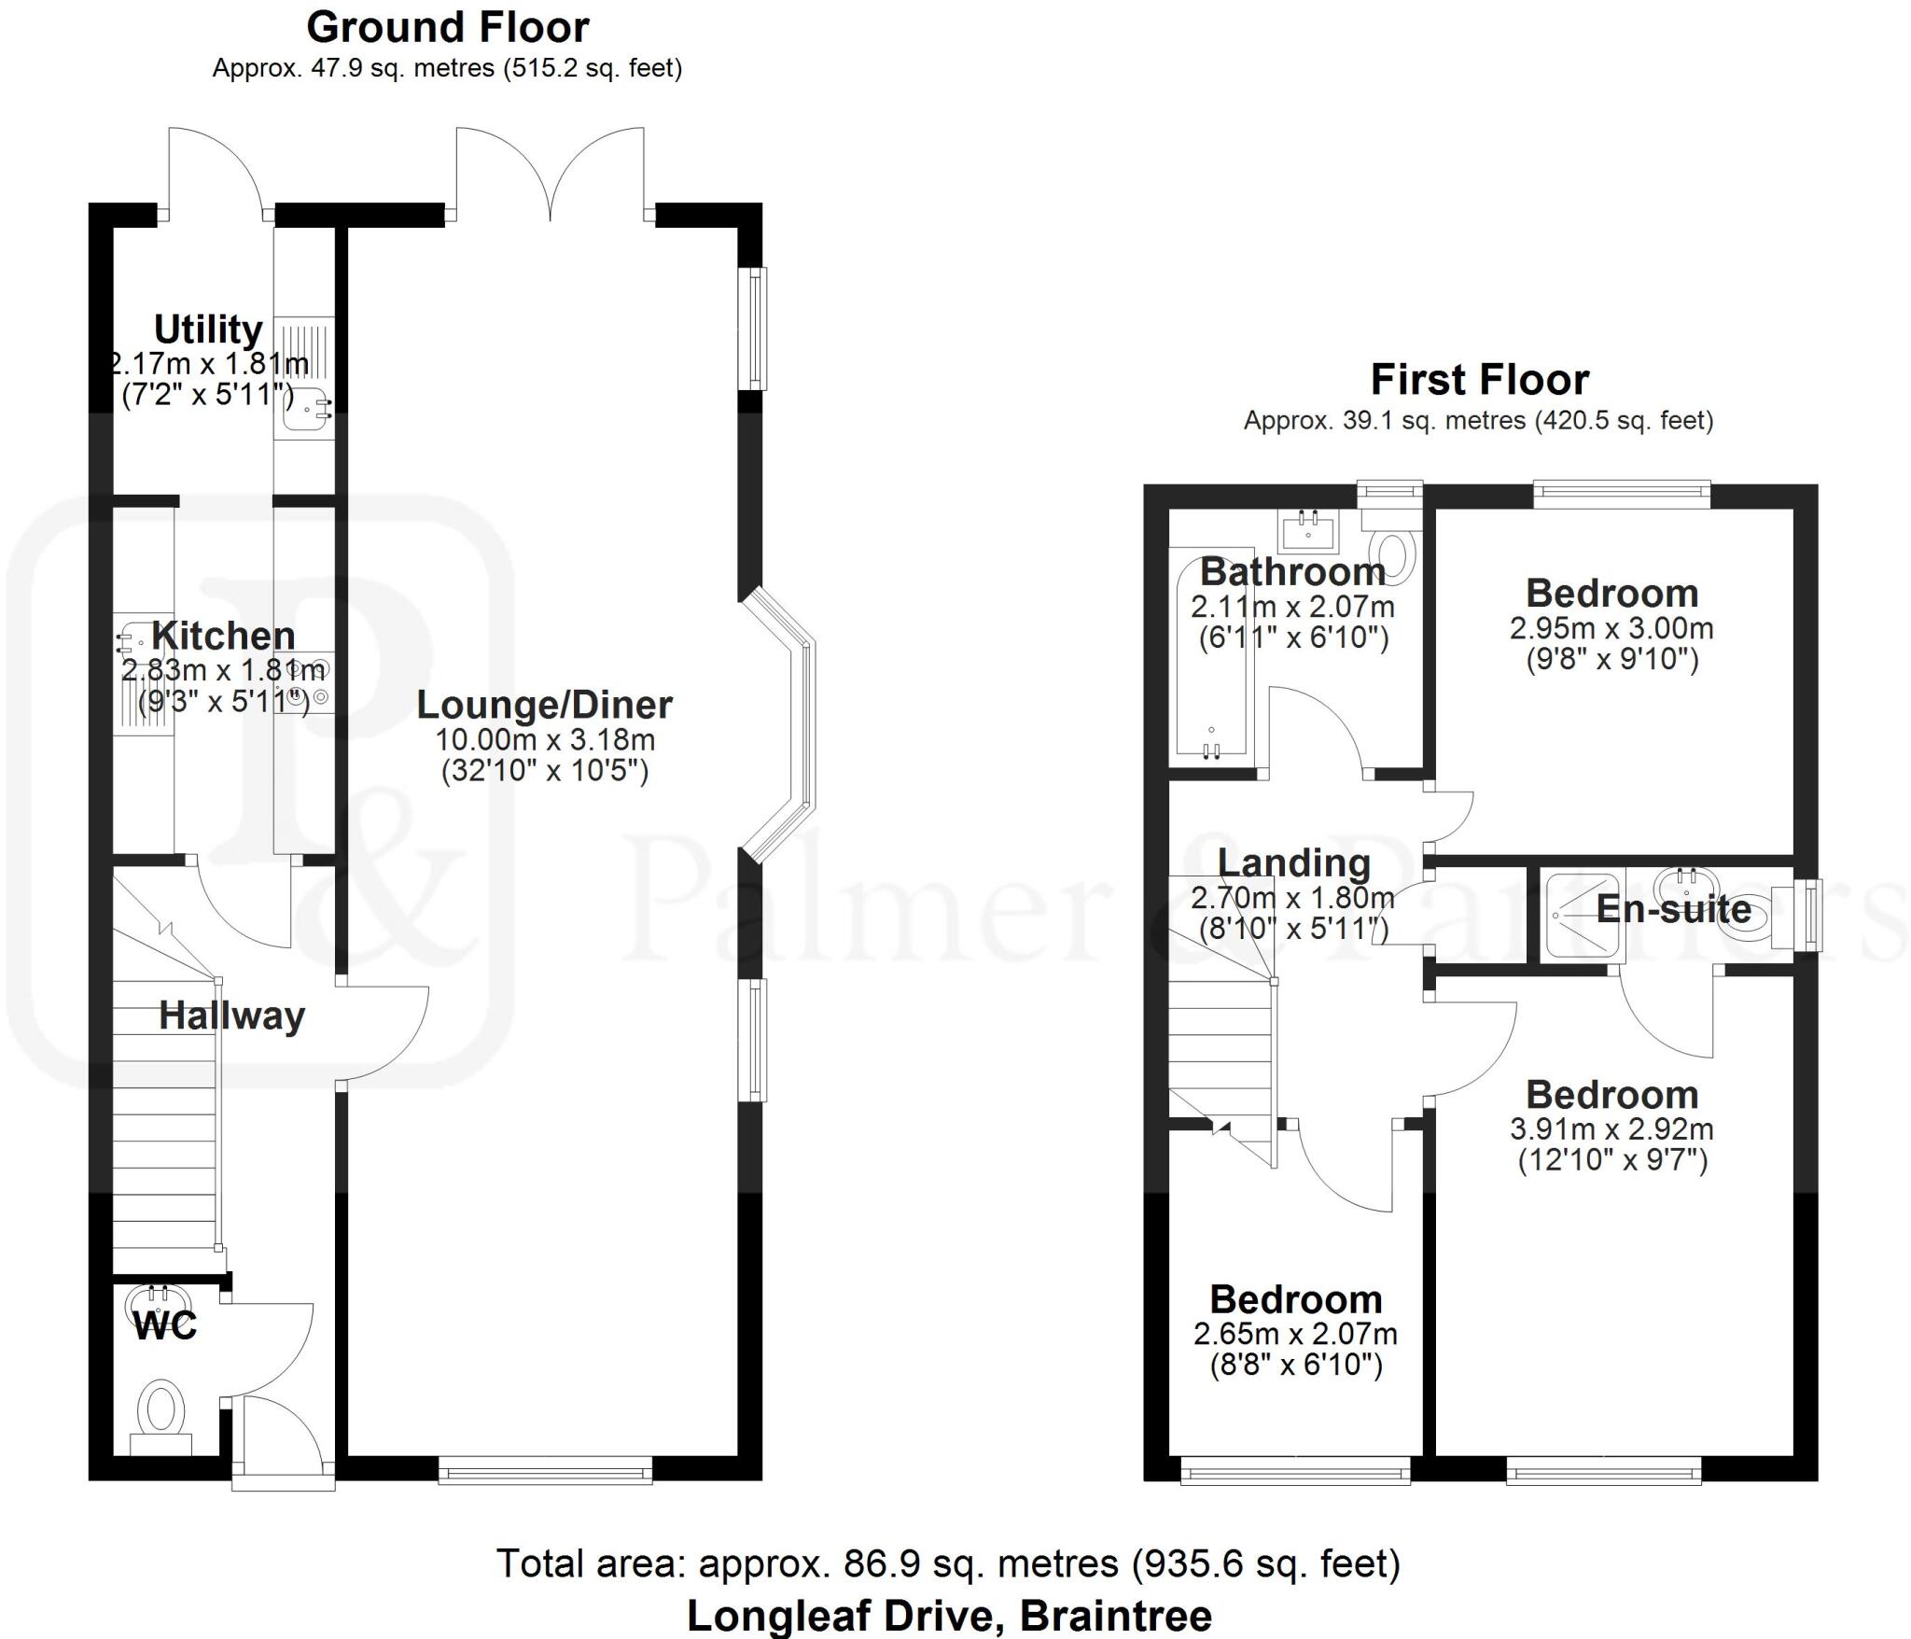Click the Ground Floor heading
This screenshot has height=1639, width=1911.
pos(448,28)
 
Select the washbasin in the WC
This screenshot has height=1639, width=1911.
pos(151,1298)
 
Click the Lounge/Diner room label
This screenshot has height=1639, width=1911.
pos(544,705)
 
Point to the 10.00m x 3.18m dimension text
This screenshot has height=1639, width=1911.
pos(545,740)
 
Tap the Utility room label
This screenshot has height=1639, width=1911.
pos(208,329)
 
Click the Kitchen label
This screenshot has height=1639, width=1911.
pos(224,636)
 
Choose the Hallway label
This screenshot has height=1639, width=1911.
pos(232,1016)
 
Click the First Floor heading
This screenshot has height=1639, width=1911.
pos(1479,380)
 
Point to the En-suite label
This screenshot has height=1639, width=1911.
pos(1674,909)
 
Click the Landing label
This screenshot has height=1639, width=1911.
pos(1294,863)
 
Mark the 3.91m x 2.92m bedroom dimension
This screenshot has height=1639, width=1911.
pos(1611,1129)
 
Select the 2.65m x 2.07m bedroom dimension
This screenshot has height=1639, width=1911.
pos(1295,1335)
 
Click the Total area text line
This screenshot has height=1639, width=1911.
pos(948,1563)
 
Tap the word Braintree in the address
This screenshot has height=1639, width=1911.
pos(1116,1616)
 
